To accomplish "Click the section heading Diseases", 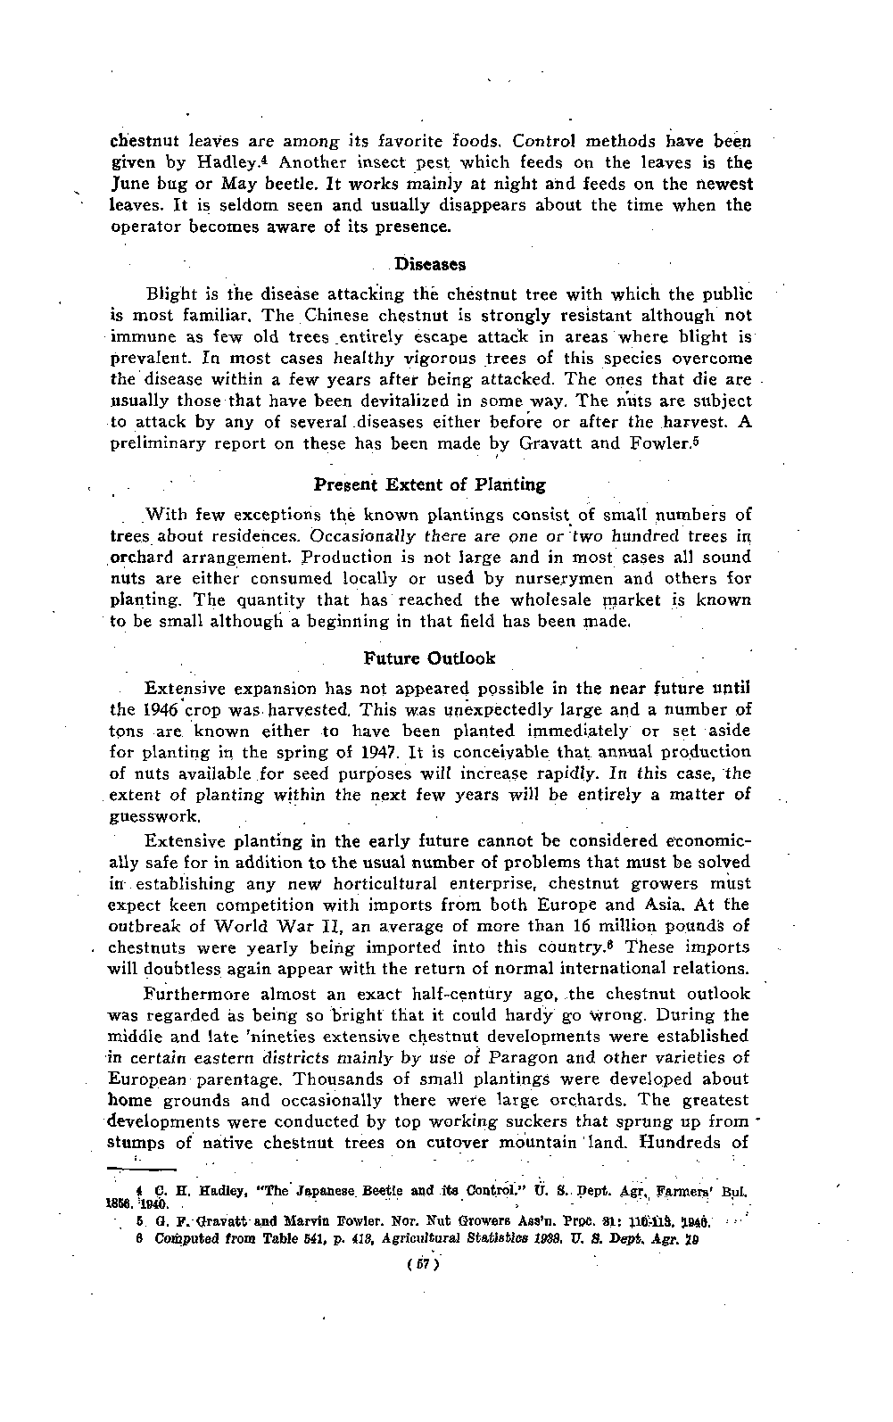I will pos(430,265).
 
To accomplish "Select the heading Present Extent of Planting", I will pos(430,484).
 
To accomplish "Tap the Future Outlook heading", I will pos(430,658).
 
